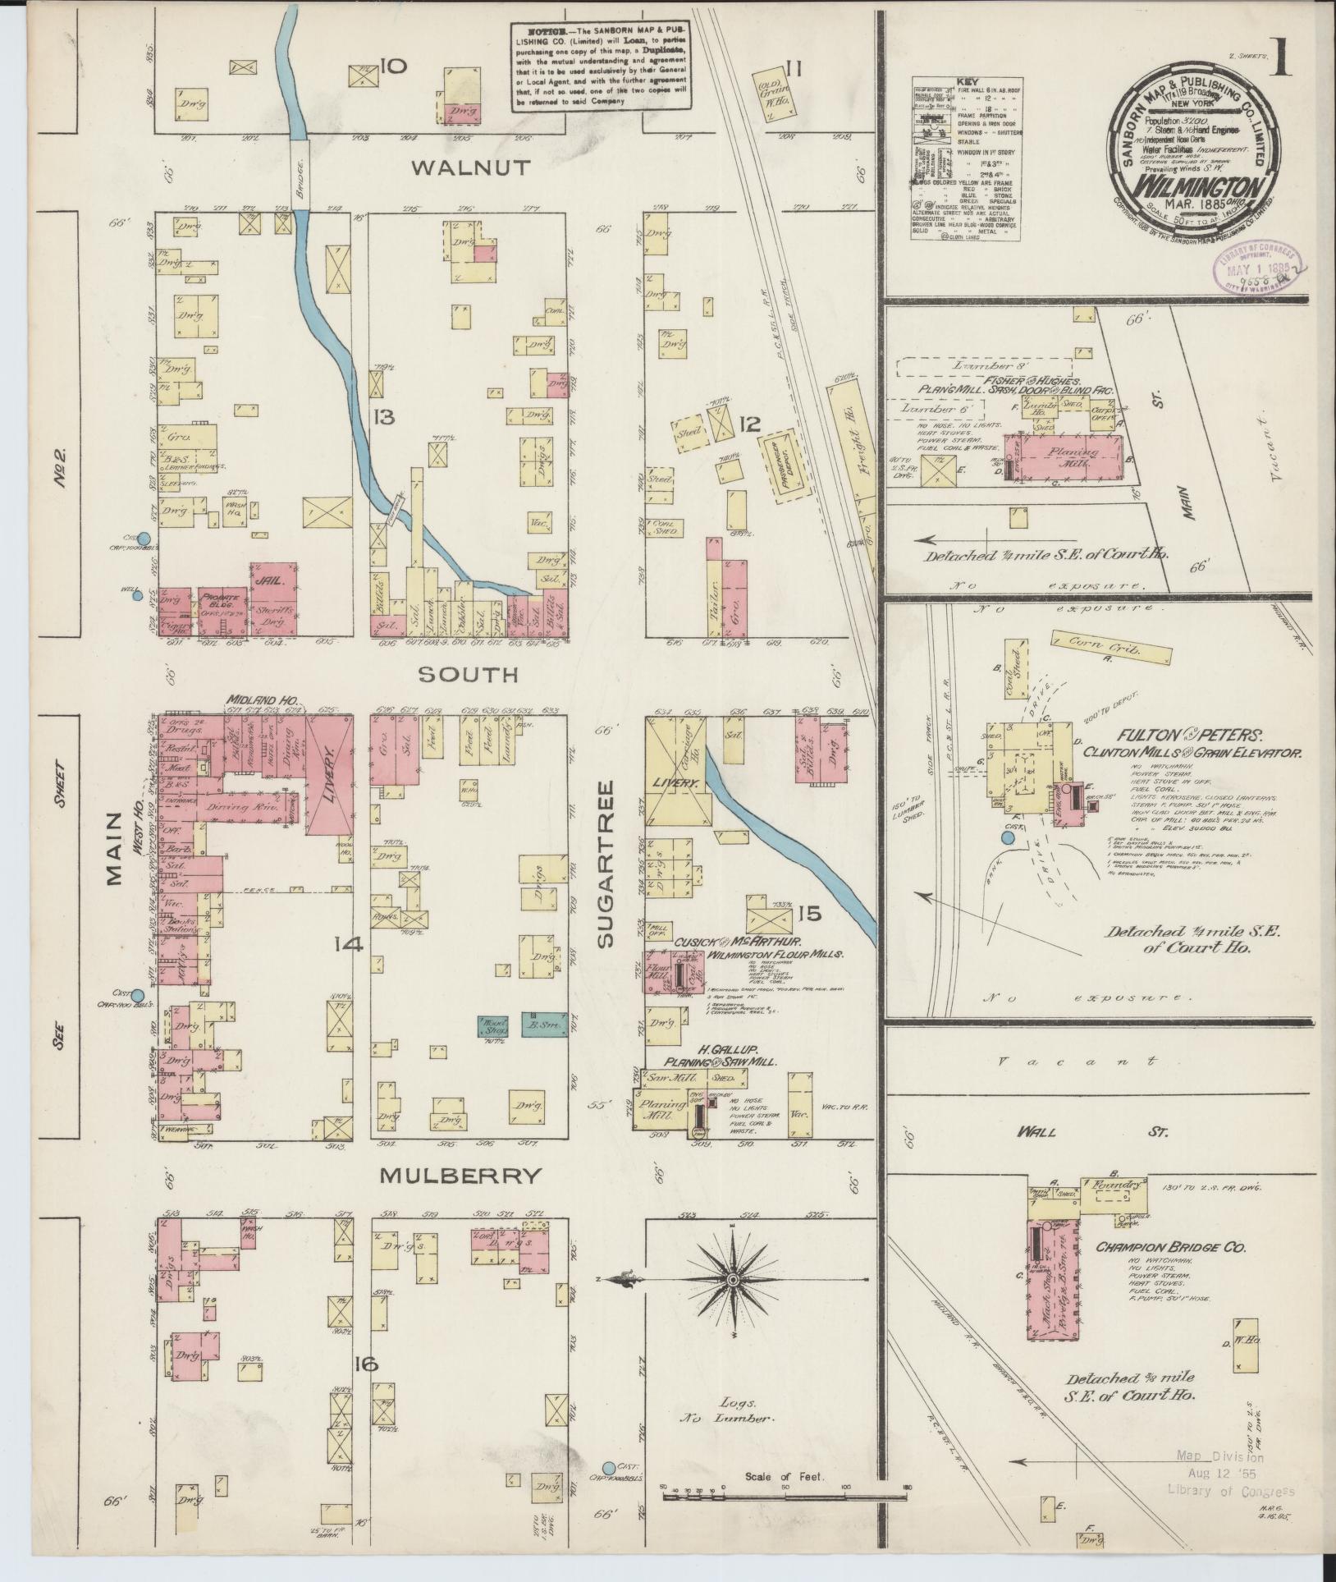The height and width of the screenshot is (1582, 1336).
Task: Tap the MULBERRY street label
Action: (461, 1176)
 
